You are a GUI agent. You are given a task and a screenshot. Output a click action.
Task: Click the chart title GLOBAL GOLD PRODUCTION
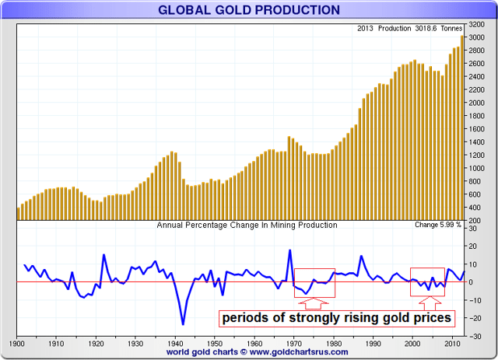[x=249, y=10]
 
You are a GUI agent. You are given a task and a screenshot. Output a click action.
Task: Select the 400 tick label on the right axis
[x=475, y=208]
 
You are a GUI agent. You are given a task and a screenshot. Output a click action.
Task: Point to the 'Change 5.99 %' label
[x=438, y=225]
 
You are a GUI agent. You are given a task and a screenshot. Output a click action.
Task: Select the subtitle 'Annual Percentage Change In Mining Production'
[x=247, y=225]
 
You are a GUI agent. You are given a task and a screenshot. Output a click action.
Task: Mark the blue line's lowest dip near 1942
[x=183, y=324]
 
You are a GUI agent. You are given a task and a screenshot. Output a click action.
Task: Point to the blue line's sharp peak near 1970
[x=289, y=250]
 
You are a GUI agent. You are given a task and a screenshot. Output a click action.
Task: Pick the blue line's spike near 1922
[x=103, y=254]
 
